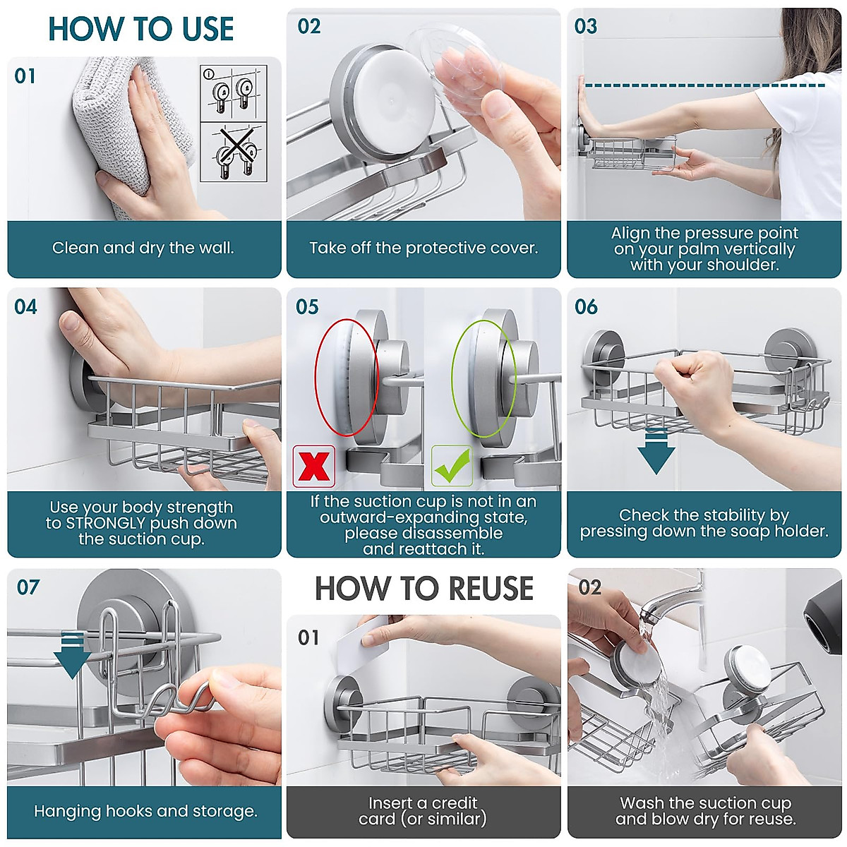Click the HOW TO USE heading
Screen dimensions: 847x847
click(140, 29)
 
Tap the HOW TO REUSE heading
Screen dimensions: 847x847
click(424, 588)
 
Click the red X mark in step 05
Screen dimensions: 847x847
click(314, 467)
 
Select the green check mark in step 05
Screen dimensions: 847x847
click(452, 466)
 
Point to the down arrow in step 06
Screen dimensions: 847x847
click(656, 452)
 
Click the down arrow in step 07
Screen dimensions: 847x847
click(72, 655)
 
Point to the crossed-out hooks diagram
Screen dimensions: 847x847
click(234, 152)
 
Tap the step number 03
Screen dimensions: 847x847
click(585, 26)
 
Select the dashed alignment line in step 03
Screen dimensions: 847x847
click(705, 85)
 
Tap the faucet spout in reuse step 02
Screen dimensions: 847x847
click(669, 602)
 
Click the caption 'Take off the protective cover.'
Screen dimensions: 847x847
click(423, 248)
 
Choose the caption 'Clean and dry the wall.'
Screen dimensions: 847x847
click(143, 248)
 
